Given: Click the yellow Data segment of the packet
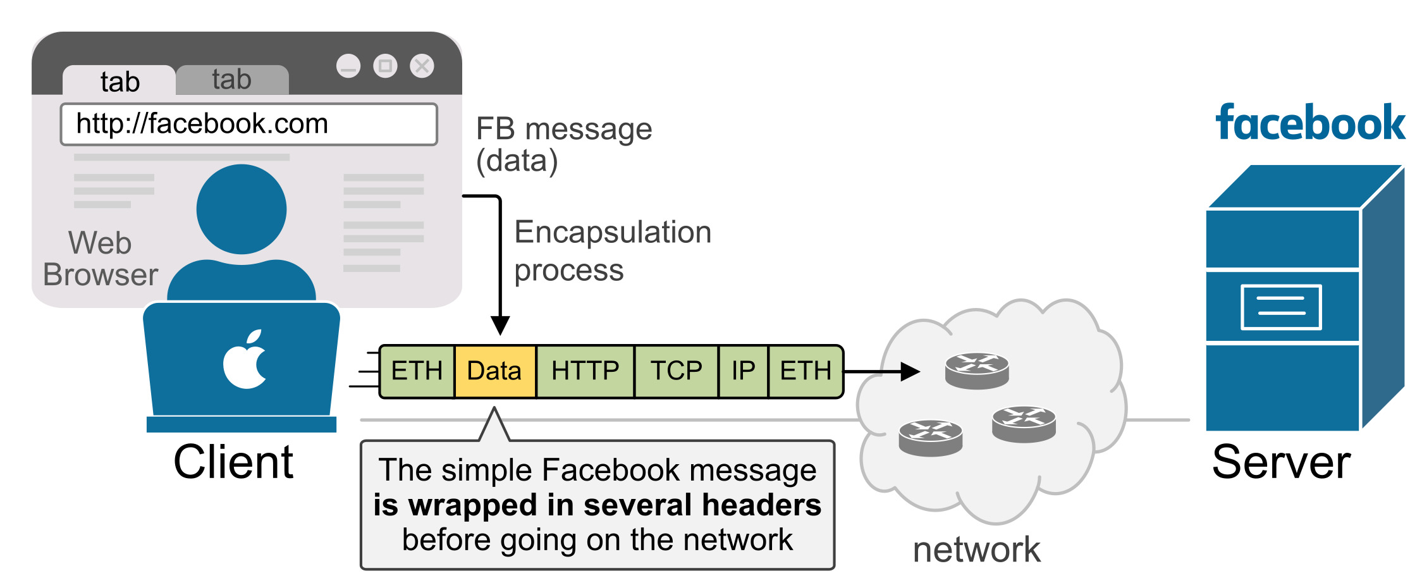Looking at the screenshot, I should point(495,371).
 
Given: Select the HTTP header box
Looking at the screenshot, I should point(585,371).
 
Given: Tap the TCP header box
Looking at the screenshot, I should point(676,371).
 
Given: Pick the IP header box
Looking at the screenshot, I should point(743,371).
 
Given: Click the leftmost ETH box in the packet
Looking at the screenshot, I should point(417,371).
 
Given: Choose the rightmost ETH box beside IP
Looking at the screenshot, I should point(806,371).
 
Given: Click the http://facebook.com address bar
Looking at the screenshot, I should point(248,124).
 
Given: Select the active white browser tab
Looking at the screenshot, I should point(120,81).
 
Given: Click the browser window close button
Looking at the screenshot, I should point(422,66).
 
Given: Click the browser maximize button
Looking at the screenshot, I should point(385,66).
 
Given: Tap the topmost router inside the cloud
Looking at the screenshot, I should point(977,371).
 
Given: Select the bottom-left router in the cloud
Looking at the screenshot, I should point(930,438).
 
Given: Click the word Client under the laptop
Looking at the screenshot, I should point(233,462).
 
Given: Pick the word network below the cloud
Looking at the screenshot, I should point(976,550).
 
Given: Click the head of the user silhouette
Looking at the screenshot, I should point(242,209).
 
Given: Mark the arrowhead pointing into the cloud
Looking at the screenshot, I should point(910,371).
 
